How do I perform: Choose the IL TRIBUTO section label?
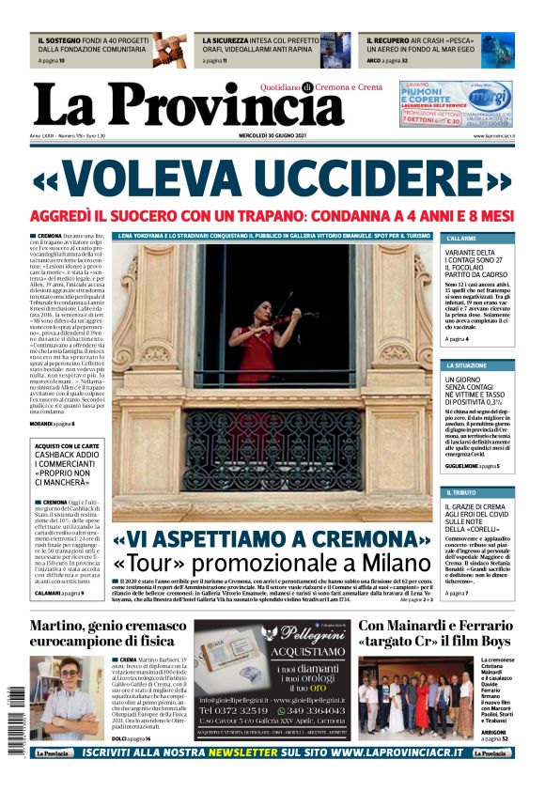[x=460, y=492]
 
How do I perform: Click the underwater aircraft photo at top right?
[x=497, y=49]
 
